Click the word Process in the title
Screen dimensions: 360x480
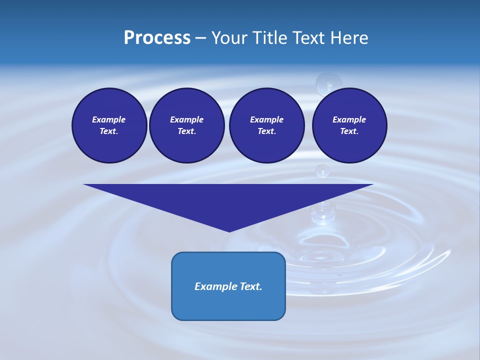click(157, 38)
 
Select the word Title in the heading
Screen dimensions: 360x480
click(272, 38)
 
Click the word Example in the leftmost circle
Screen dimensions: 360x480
click(109, 119)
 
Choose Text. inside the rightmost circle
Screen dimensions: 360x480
click(349, 131)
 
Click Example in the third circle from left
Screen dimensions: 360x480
click(266, 119)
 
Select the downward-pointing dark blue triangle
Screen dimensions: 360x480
click(228, 200)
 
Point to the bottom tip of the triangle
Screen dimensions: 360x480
click(229, 231)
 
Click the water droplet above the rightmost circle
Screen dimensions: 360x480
click(328, 83)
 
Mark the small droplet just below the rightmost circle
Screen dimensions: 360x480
click(322, 171)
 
